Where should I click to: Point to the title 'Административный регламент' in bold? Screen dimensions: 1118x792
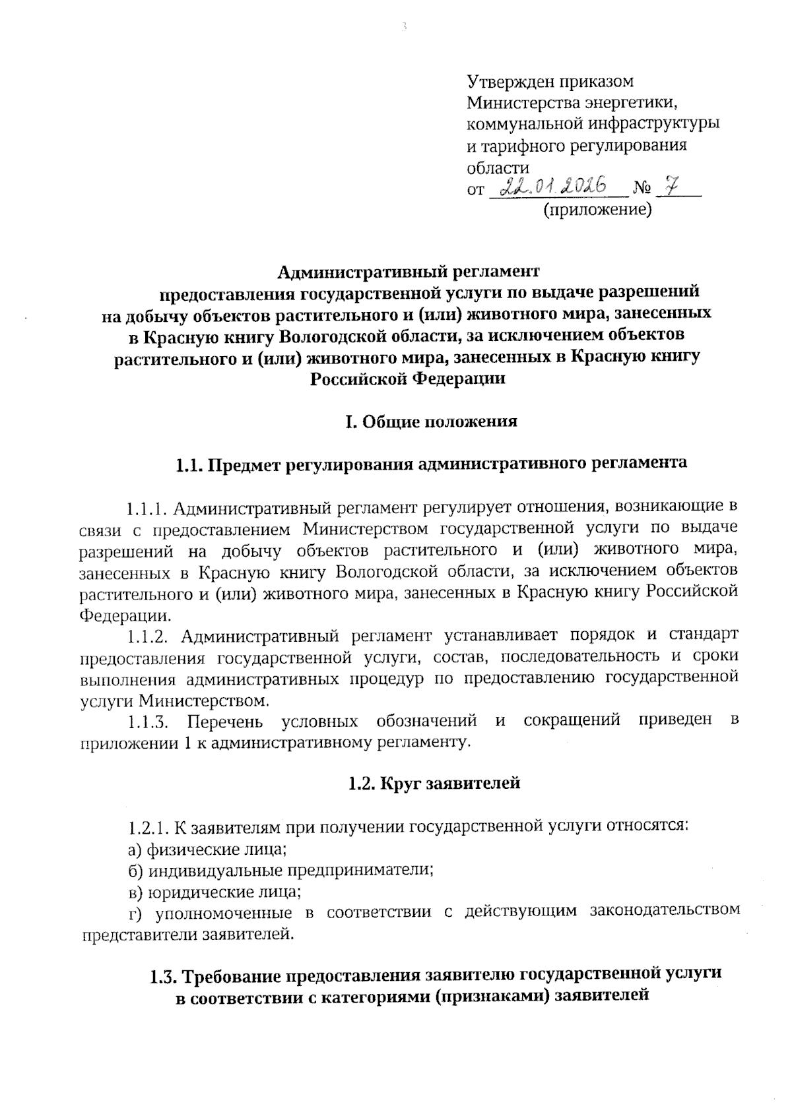[408, 271]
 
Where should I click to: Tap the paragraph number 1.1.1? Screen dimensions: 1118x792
[148, 508]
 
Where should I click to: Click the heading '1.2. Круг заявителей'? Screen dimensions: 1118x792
[434, 783]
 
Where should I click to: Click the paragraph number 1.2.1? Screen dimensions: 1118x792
[150, 826]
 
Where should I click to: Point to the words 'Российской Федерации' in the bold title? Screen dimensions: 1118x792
[408, 379]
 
